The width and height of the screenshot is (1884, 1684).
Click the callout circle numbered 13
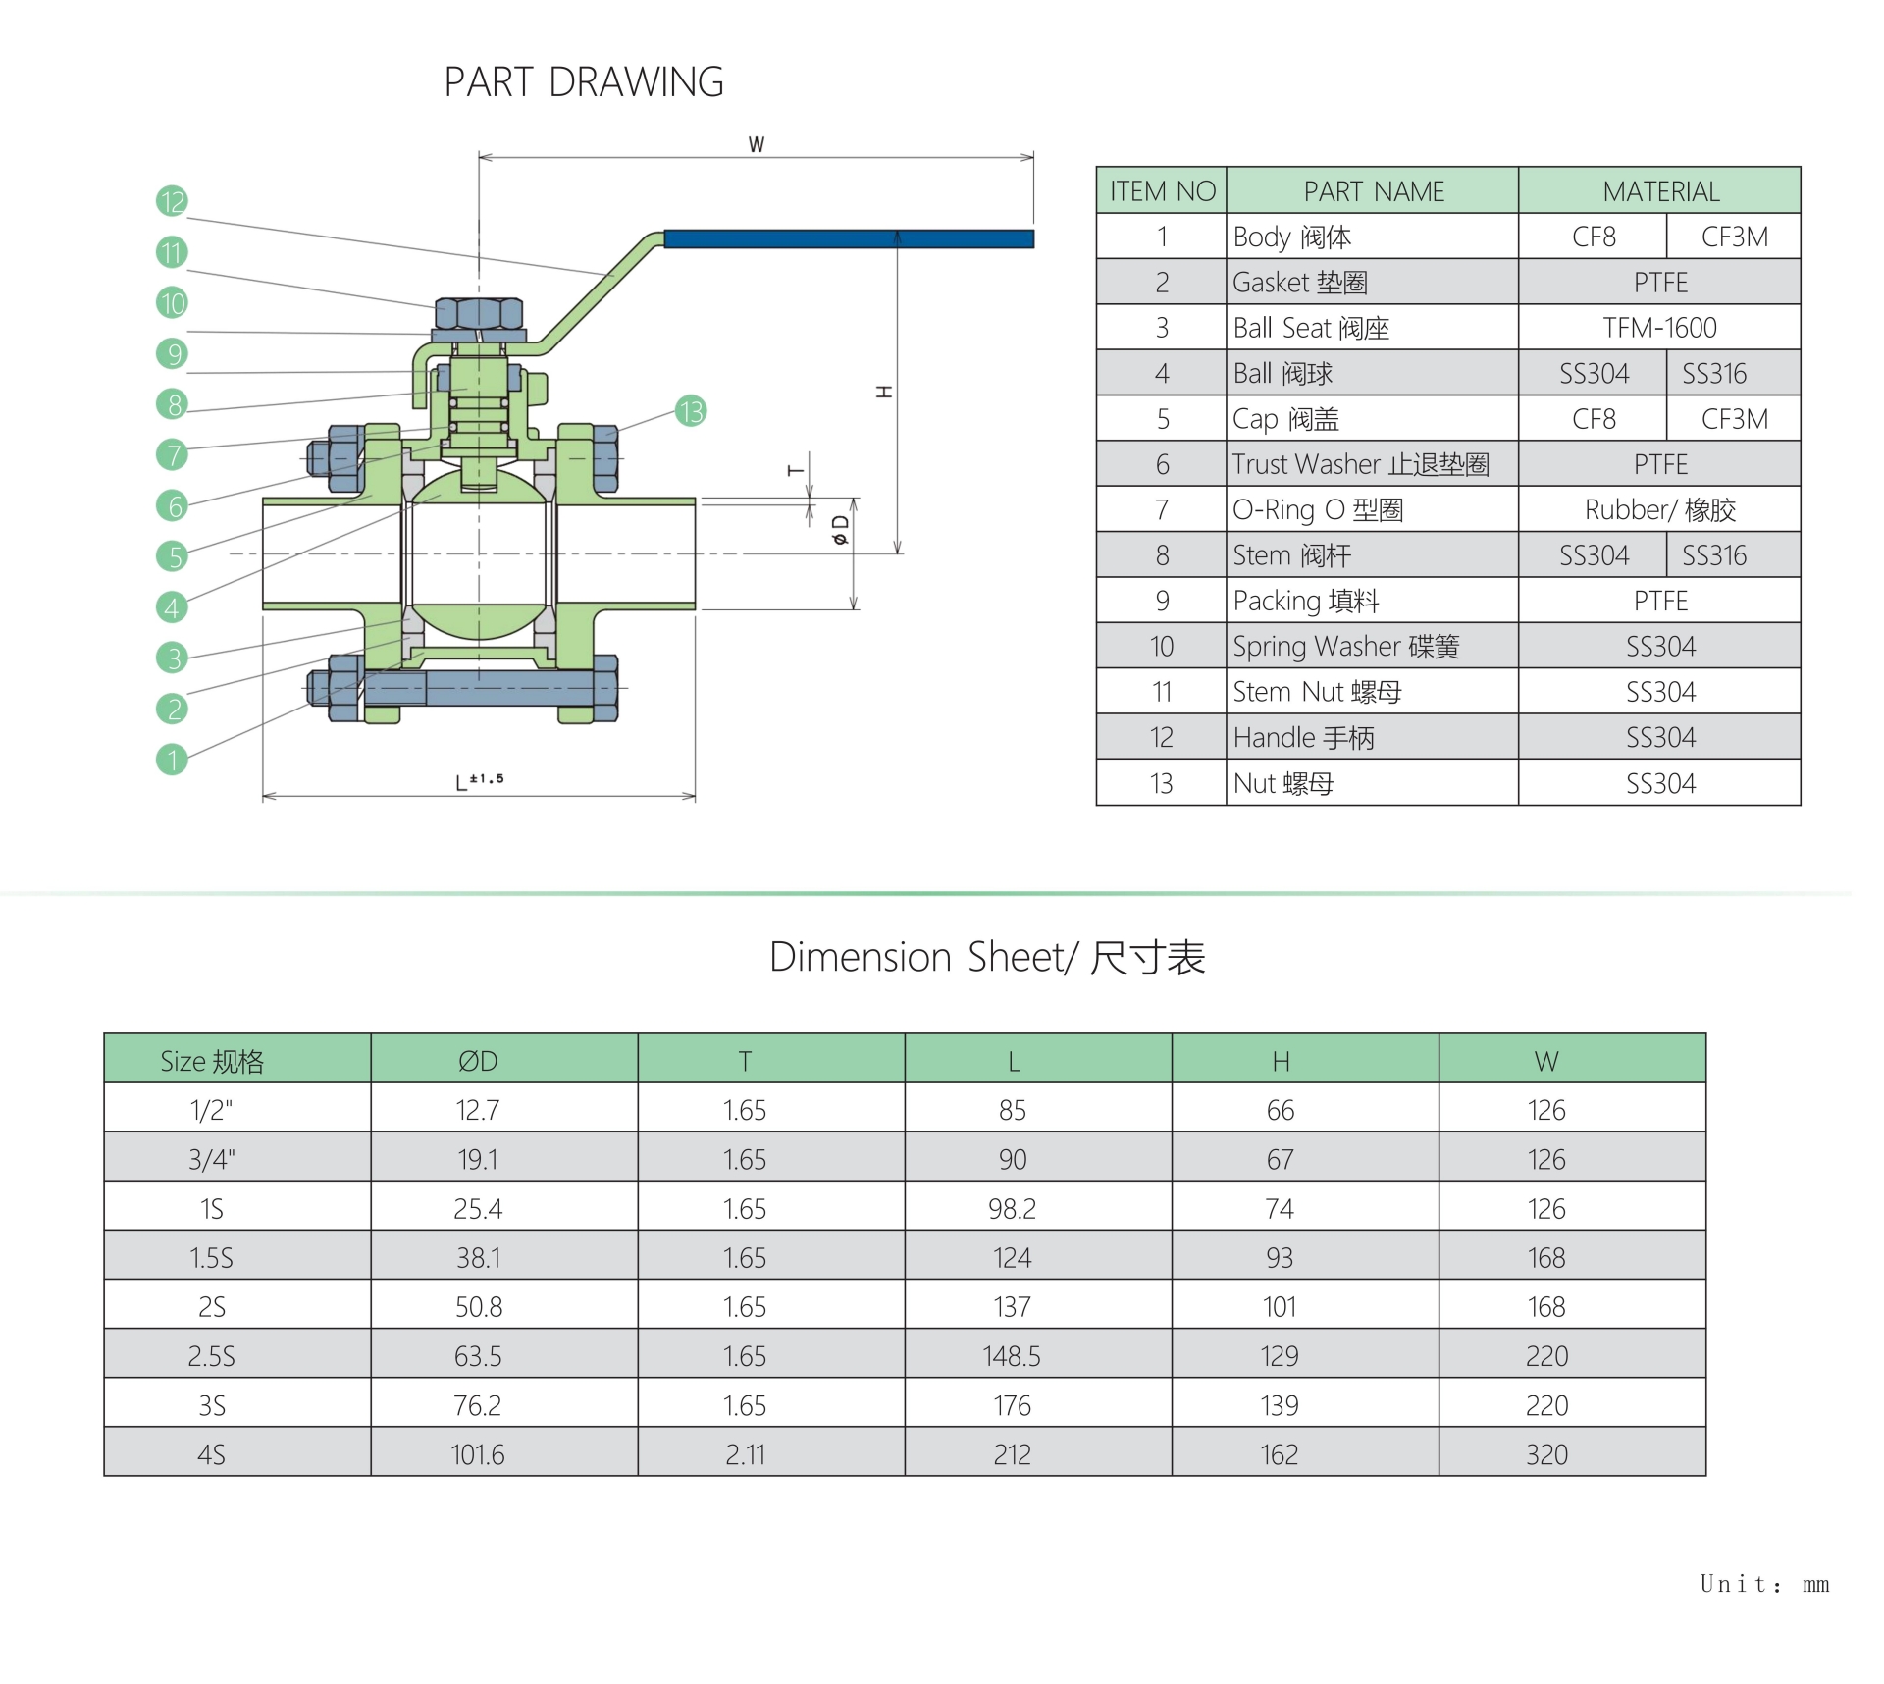691,410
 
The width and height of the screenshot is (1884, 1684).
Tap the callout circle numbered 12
172,201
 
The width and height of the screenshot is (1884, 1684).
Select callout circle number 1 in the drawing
172,759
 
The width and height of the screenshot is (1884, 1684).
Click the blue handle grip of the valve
849,238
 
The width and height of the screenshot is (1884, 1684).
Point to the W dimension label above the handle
756,144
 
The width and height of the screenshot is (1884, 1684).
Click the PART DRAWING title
584,82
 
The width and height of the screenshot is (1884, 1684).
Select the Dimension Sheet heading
986,957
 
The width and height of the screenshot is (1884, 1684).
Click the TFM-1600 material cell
1659,328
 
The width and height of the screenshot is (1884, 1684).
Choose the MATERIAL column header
1659,191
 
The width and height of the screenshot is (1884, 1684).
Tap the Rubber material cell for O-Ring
1659,510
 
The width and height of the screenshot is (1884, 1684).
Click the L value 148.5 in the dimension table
1012,1356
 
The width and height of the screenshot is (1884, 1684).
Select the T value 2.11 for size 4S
745,1454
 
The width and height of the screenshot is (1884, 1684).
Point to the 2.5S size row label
212,1356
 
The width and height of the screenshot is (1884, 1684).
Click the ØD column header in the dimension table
478,1061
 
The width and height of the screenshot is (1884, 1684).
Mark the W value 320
1546,1454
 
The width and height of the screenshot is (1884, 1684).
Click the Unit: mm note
1763,1584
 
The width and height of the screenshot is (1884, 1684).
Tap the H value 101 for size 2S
1280,1307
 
